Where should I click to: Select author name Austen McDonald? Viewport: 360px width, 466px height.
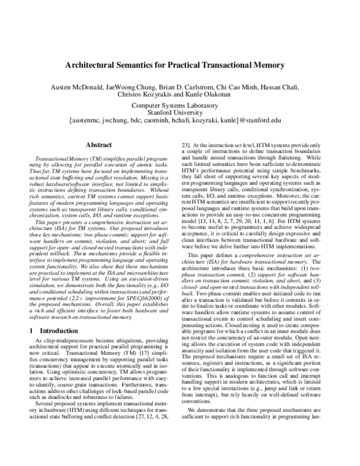[x=81, y=86]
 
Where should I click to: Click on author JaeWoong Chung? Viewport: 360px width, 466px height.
[x=136, y=86]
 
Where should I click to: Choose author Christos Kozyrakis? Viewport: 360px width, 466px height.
[x=147, y=95]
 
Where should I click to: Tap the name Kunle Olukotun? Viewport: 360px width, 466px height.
[x=207, y=95]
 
